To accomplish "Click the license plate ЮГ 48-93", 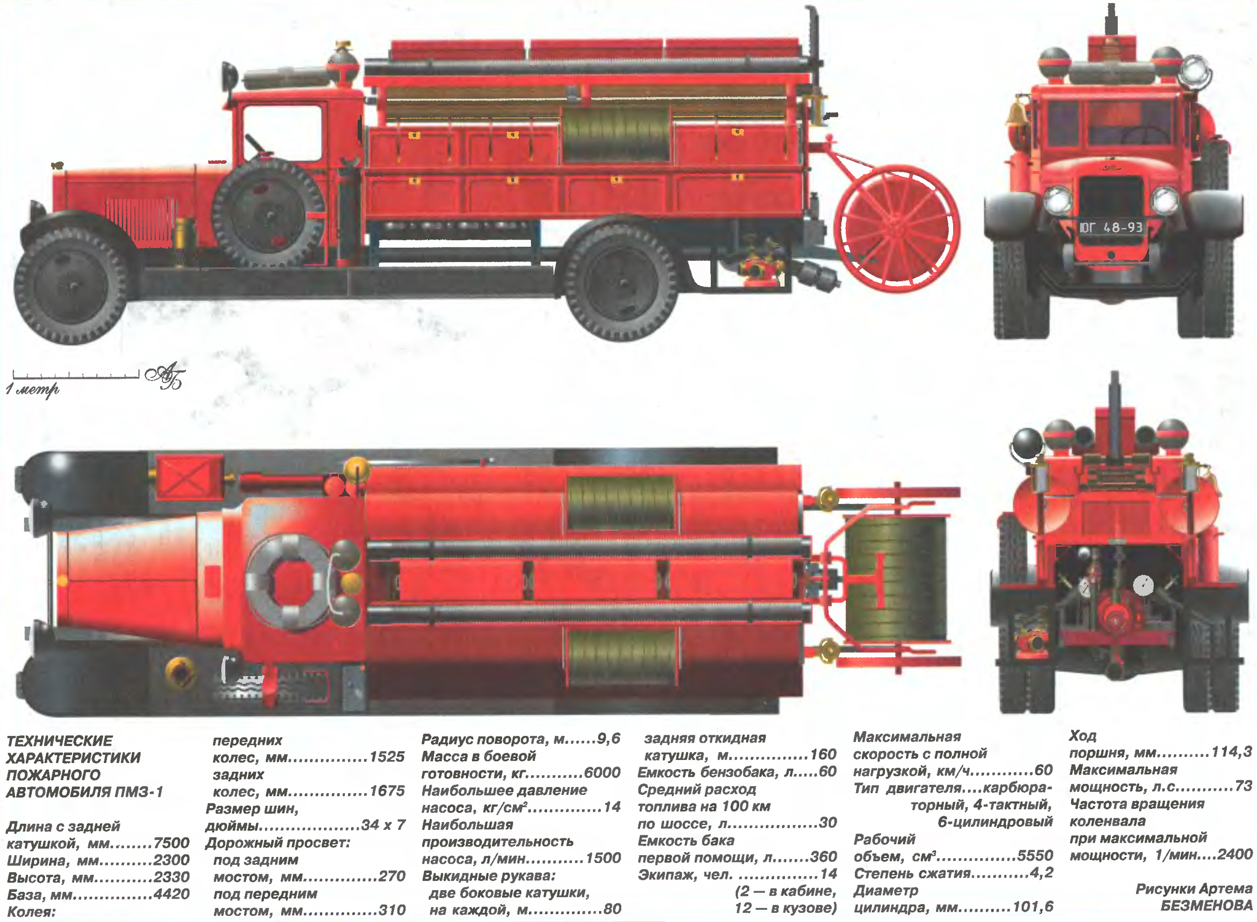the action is tap(1111, 228).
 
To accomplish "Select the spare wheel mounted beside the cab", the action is tap(268, 213).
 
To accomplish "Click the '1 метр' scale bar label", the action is tap(33, 389).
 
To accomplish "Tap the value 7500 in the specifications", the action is tap(171, 843).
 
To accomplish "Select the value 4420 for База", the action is tap(171, 894).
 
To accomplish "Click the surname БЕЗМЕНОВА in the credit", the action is tap(1206, 905).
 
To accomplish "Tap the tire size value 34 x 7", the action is tap(383, 824).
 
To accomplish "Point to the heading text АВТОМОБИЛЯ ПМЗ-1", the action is tap(85, 792).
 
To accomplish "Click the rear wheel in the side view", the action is tap(621, 282).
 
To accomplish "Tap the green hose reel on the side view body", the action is tap(616, 135).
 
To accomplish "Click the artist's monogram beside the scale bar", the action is tap(165, 375).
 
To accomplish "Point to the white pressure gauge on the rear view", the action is tap(1143, 585).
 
